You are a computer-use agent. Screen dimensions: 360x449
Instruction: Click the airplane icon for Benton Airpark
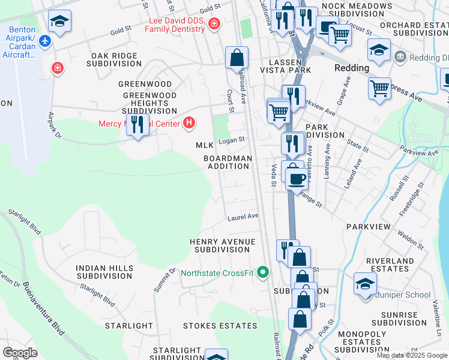[x=44, y=41]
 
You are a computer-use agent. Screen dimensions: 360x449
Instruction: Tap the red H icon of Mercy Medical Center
[x=190, y=124]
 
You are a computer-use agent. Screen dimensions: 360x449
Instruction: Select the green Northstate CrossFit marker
[x=262, y=273]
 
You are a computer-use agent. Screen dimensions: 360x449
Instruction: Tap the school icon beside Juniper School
[x=365, y=283]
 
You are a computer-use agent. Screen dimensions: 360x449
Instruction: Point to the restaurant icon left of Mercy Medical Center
[x=138, y=124]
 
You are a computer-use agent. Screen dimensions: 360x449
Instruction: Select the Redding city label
[x=352, y=68]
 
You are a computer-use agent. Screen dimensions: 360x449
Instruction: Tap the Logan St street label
[x=232, y=140]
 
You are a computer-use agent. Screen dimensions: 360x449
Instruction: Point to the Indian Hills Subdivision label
[x=103, y=272]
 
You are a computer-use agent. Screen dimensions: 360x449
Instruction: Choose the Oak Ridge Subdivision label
[x=115, y=60]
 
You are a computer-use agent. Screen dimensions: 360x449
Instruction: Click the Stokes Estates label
[x=220, y=326]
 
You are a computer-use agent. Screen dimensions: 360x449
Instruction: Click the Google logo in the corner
[x=20, y=352]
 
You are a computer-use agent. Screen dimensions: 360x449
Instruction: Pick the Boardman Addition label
[x=228, y=162]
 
